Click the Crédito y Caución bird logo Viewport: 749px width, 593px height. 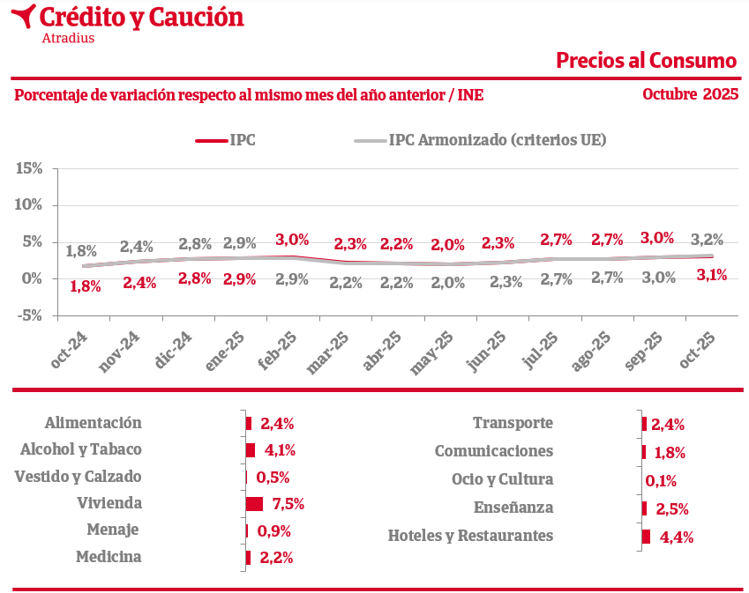[25, 16]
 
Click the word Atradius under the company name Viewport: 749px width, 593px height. [68, 38]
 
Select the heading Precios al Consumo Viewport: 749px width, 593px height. [646, 60]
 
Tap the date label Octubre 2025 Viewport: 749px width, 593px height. [690, 93]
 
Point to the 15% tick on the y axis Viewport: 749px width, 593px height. [29, 168]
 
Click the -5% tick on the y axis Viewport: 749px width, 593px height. [29, 315]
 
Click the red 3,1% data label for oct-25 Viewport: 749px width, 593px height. [711, 275]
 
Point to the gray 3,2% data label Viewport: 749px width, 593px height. [707, 239]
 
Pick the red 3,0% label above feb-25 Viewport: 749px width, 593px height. [292, 239]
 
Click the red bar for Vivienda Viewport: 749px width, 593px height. [255, 504]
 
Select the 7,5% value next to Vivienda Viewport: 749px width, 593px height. [288, 504]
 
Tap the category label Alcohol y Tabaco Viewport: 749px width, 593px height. [80, 449]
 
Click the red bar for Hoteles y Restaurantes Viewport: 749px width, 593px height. [647, 537]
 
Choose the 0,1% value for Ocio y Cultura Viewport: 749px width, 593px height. [661, 480]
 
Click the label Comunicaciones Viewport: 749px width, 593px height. [494, 451]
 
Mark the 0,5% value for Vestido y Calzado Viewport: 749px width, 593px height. [273, 477]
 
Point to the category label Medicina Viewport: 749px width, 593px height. [109, 557]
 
